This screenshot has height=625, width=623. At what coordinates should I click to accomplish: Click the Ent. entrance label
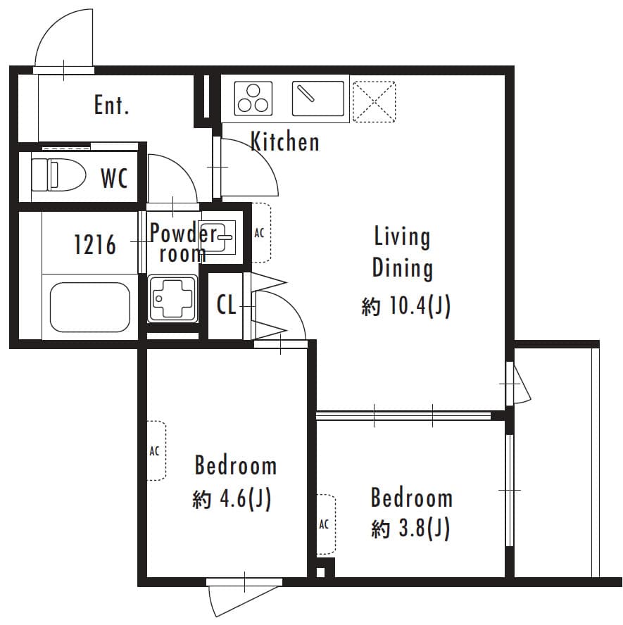coord(112,106)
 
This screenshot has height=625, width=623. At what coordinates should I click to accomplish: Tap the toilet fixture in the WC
coord(57,174)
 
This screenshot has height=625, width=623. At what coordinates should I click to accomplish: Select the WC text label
coord(114,179)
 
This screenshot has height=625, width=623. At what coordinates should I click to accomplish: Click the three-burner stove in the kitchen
coord(253,98)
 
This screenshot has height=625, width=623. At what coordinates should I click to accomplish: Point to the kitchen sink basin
coord(318,99)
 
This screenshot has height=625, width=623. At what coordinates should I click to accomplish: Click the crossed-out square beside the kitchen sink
coord(373,101)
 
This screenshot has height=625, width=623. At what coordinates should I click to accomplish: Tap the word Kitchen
coord(285,142)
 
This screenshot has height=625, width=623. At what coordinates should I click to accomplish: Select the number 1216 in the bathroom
coord(95,246)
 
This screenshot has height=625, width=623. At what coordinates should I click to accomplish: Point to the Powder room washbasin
coord(224,237)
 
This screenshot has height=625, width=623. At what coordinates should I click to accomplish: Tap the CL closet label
coord(226,305)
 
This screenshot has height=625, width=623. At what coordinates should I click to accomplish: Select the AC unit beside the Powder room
coord(260,233)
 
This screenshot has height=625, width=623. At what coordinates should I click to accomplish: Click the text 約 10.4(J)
coord(405,306)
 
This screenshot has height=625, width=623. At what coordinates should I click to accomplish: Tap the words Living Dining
coord(402,252)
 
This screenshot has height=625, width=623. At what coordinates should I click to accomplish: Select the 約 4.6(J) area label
coord(232,499)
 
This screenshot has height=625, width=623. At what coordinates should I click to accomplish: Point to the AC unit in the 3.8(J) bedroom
coord(325,524)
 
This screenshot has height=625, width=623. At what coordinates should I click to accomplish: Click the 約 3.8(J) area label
coord(411,528)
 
